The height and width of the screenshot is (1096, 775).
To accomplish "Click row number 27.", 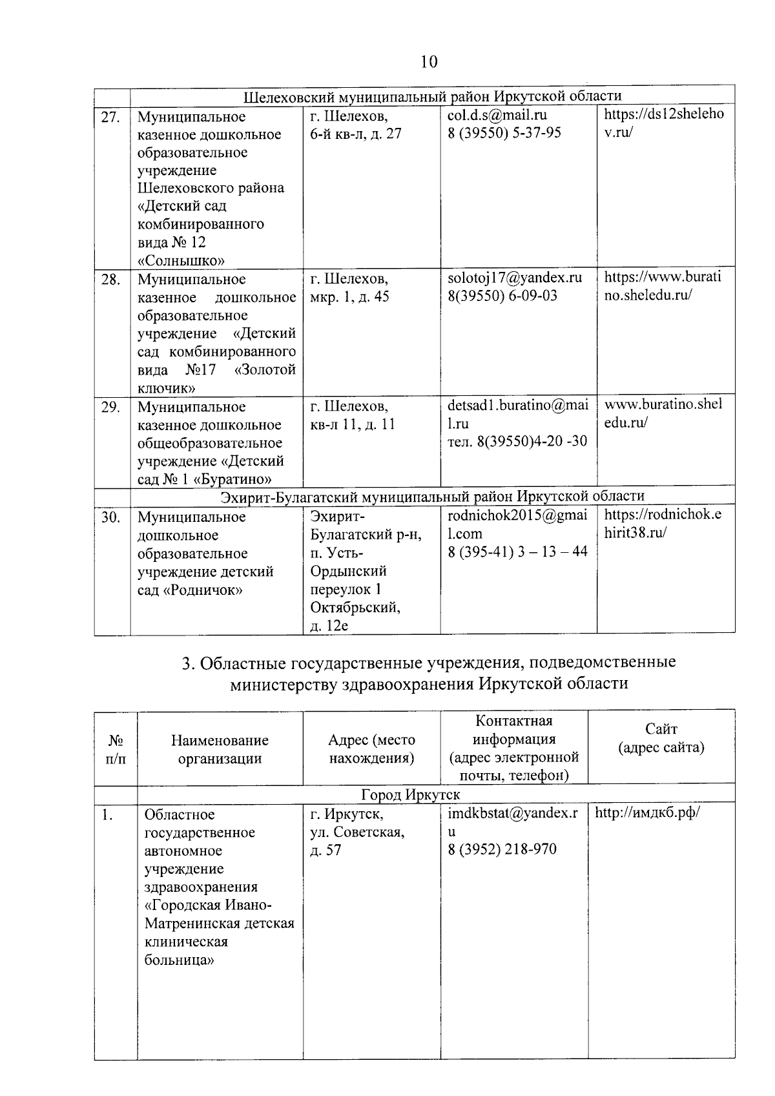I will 110,117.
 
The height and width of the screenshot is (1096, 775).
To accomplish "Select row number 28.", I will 110,280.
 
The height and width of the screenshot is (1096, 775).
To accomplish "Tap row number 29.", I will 110,407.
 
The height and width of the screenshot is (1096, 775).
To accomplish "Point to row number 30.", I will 110,517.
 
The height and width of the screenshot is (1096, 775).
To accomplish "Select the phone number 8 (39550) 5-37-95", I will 504,132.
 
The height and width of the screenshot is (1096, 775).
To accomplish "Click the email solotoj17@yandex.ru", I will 515,278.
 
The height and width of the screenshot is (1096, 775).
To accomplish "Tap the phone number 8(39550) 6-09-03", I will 502,296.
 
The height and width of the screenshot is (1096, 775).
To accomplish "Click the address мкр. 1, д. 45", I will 350,297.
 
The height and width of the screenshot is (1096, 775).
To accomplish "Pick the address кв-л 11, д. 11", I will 353,424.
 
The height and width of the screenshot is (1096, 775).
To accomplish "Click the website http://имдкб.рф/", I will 647,812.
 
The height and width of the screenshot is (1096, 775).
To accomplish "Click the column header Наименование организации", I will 220,749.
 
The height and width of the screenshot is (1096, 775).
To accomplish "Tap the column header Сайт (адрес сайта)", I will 661,738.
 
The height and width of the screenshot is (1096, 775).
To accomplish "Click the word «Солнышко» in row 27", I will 181,261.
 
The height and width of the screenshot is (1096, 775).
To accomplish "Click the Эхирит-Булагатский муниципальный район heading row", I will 432,496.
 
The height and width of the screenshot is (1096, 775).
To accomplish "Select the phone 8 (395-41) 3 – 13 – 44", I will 517,552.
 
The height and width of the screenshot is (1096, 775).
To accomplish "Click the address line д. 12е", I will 329,625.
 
